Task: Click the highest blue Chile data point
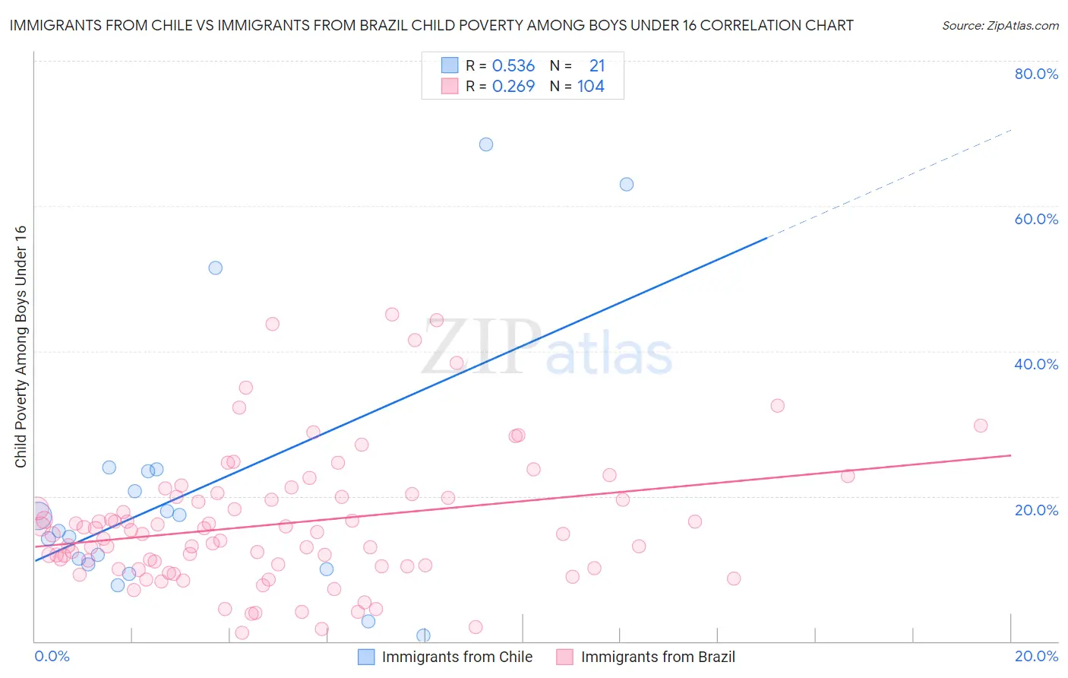pyautogui.click(x=486, y=144)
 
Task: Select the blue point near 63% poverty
pyautogui.click(x=627, y=184)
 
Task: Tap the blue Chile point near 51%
pyautogui.click(x=216, y=268)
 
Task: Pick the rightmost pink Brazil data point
pyautogui.click(x=981, y=426)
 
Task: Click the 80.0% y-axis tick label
pyautogui.click(x=1036, y=74)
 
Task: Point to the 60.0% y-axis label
pyautogui.click(x=1036, y=219)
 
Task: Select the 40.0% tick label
pyautogui.click(x=1036, y=364)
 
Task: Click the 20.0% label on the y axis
pyautogui.click(x=1036, y=510)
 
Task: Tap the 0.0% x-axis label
pyautogui.click(x=52, y=656)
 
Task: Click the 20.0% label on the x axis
pyautogui.click(x=1036, y=656)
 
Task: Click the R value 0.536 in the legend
pyautogui.click(x=513, y=66)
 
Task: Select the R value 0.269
pyautogui.click(x=513, y=87)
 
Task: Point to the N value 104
pyautogui.click(x=591, y=87)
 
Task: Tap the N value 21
pyautogui.click(x=597, y=66)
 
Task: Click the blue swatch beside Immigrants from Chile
pyautogui.click(x=366, y=657)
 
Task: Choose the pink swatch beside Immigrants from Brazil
pyautogui.click(x=564, y=657)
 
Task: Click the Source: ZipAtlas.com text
pyautogui.click(x=1000, y=26)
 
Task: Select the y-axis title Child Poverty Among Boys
pyautogui.click(x=21, y=347)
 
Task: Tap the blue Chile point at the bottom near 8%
pyautogui.click(x=423, y=635)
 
